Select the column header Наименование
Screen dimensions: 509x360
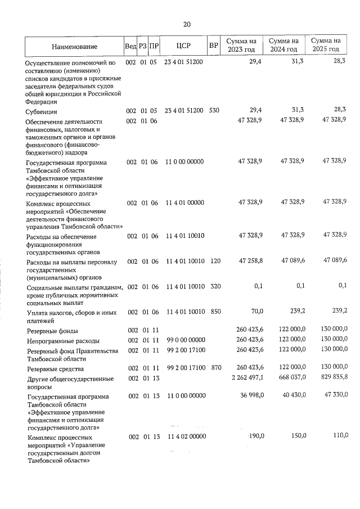pyautogui.click(x=74, y=46)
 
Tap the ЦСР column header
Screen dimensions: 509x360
pyautogui.click(x=184, y=46)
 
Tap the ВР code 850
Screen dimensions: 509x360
pyautogui.click(x=214, y=311)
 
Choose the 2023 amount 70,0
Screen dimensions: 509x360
pyautogui.click(x=256, y=311)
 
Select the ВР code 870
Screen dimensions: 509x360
pyautogui.click(x=214, y=368)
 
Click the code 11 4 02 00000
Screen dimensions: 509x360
pyautogui.click(x=184, y=436)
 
